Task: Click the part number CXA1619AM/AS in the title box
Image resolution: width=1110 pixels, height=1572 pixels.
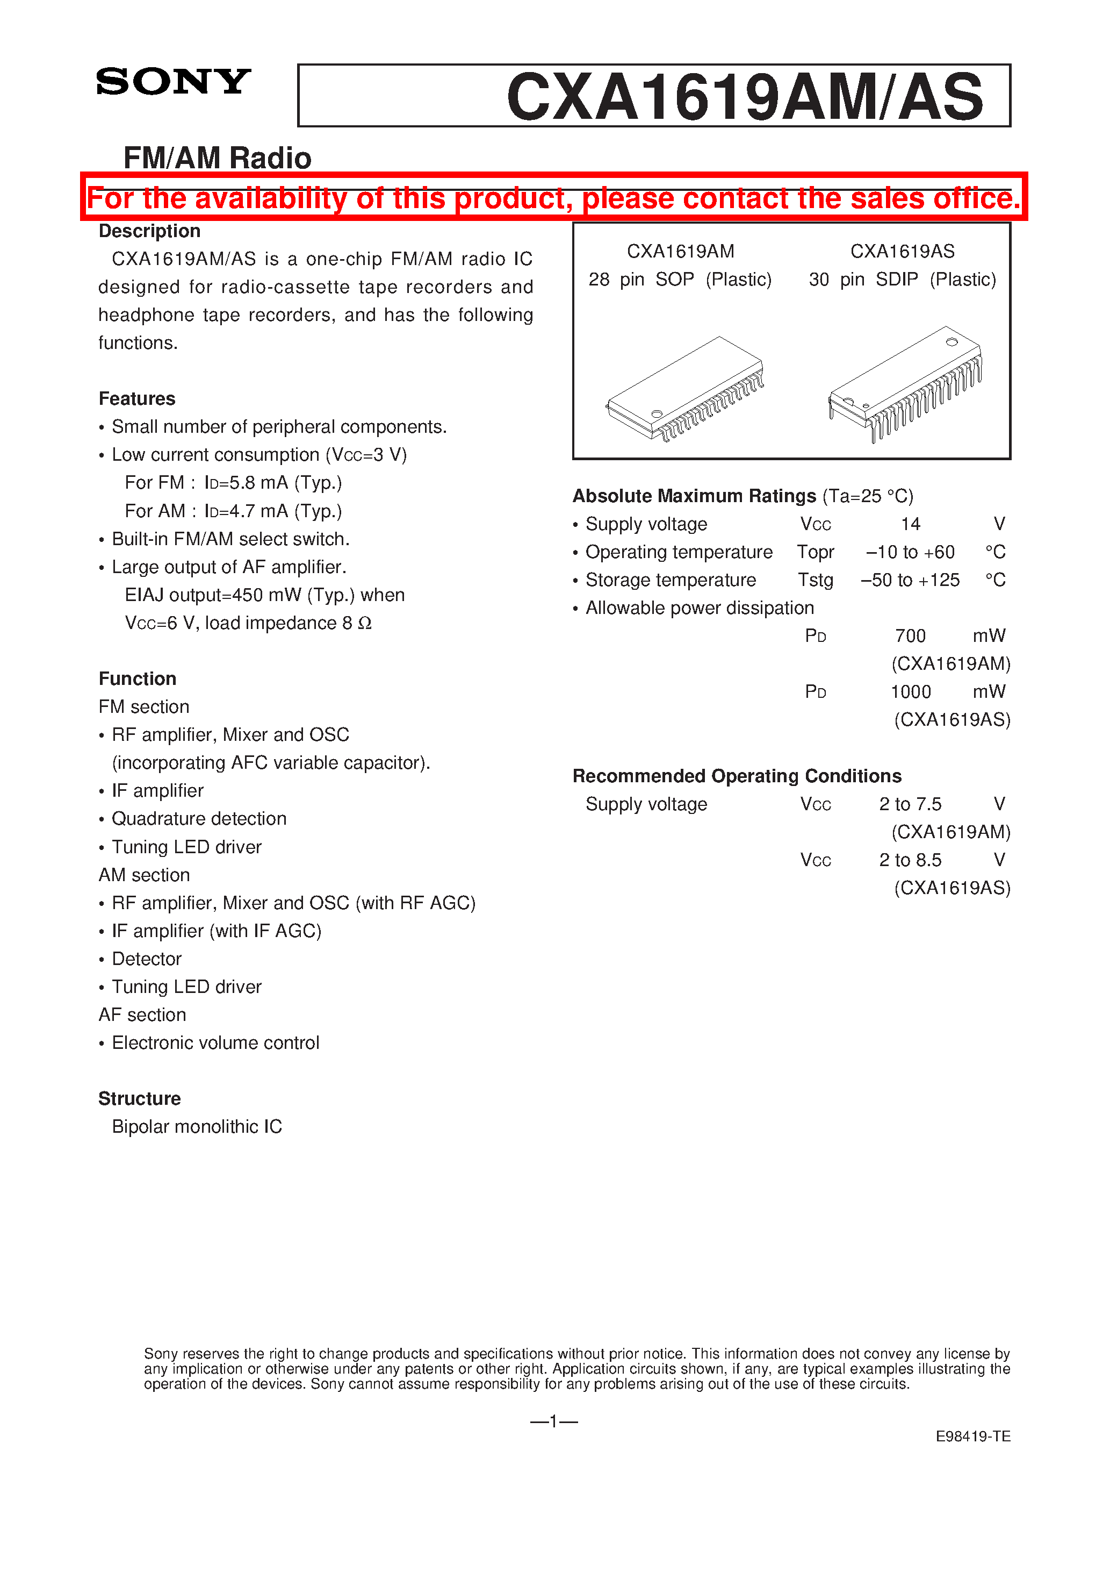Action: click(x=744, y=97)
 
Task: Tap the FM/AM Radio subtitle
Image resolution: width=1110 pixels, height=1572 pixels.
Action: click(x=217, y=158)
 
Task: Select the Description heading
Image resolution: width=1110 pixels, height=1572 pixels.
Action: click(x=149, y=231)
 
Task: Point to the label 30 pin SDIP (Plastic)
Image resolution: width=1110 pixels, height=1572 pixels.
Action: click(x=902, y=280)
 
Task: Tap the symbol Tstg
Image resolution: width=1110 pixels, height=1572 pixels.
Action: click(x=815, y=580)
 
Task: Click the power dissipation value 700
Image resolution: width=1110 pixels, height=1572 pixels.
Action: click(x=910, y=636)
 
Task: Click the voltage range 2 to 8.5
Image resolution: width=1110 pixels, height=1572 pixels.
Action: click(x=910, y=860)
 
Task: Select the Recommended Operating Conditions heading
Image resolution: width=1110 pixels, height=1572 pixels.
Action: click(x=737, y=776)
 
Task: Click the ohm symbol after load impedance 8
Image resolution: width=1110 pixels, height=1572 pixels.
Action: click(x=365, y=624)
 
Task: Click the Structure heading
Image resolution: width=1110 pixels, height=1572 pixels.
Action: click(x=140, y=1098)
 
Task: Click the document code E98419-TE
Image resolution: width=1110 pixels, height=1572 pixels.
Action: click(x=972, y=1437)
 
